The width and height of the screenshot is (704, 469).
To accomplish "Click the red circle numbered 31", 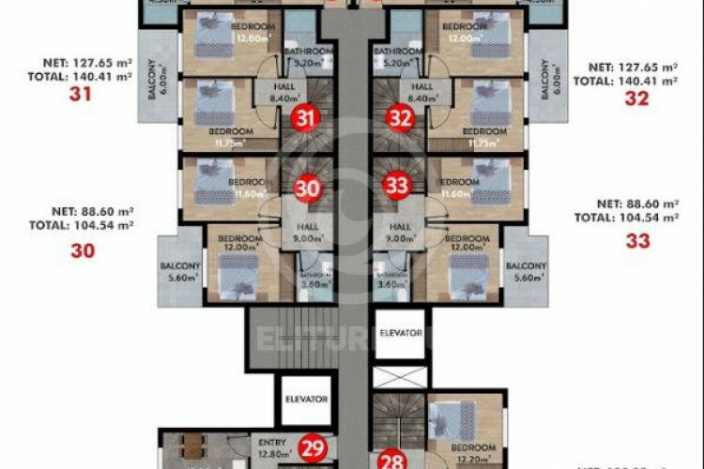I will tap(303, 118).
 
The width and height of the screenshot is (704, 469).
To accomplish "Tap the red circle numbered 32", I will tap(401, 118).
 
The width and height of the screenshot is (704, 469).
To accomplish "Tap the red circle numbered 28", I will tap(392, 460).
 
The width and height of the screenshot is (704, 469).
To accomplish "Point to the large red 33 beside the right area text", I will tap(637, 240).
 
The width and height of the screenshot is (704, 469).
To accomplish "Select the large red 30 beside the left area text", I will tap(83, 250).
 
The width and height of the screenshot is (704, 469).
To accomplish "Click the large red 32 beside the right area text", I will tap(637, 97).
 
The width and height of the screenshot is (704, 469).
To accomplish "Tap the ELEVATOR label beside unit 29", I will tap(306, 399).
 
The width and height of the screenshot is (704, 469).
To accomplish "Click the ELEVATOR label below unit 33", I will tap(401, 333).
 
